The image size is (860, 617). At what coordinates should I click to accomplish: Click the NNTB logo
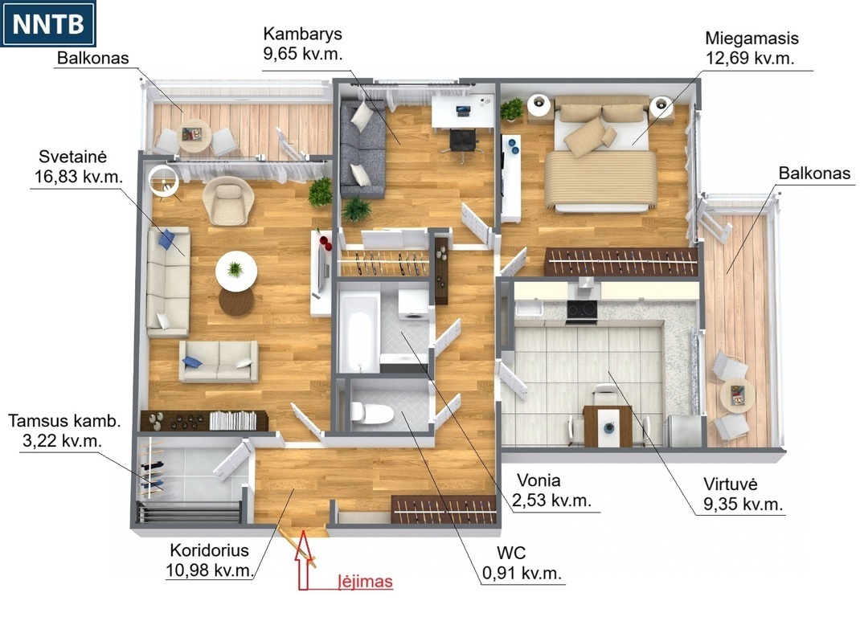coord(48,23)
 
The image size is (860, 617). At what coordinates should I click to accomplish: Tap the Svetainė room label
coord(72,157)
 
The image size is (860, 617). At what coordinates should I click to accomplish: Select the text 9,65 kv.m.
coord(303,54)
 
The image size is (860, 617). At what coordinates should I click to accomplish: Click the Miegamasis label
coord(751,39)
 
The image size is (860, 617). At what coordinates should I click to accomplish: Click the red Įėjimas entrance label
coord(365,581)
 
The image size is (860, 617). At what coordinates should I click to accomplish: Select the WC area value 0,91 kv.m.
coord(522,573)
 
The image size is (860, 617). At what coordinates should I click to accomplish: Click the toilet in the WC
coord(372,412)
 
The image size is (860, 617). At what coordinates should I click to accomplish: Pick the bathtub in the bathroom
coord(358,332)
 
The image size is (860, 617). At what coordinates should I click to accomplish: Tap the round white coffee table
coord(236,271)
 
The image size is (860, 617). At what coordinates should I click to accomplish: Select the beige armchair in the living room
coord(228,200)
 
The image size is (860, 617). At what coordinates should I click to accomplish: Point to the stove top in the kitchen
coord(582,310)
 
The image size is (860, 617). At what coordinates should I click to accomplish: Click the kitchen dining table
coord(608,426)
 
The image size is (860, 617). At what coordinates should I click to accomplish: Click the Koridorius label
coord(210,550)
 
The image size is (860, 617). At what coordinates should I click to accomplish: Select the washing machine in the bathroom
coord(413,305)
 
